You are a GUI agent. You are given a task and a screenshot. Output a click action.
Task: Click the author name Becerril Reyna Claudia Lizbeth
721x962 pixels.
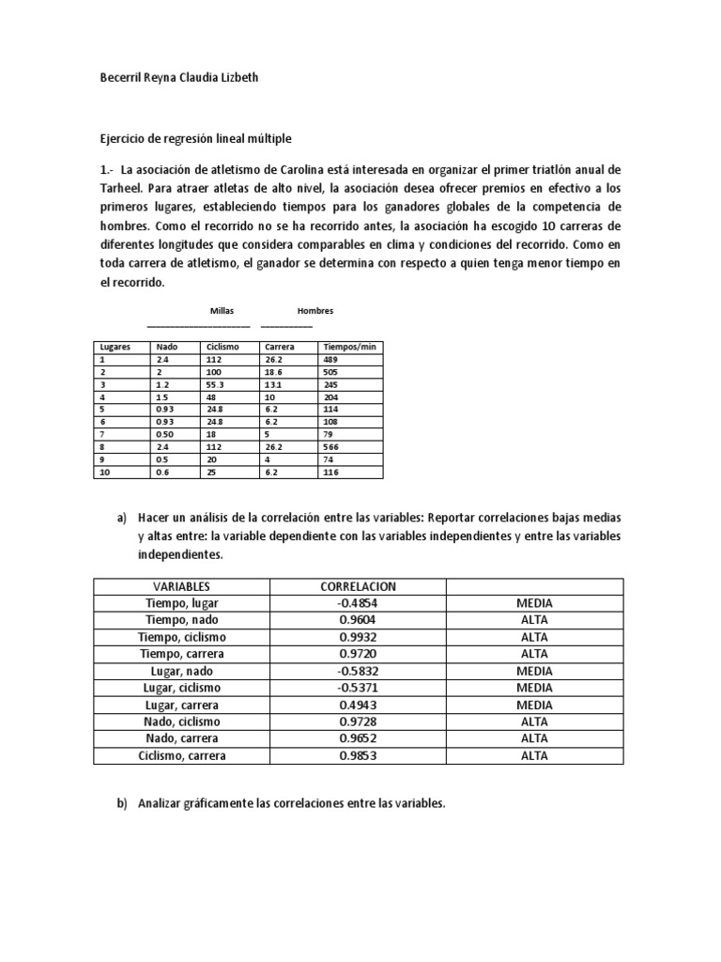click(x=177, y=80)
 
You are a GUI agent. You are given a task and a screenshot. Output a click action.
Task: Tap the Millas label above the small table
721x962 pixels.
click(x=221, y=311)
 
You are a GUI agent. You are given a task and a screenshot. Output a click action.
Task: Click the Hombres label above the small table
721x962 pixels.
click(x=315, y=311)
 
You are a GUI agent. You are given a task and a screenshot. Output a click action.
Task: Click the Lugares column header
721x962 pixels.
click(x=115, y=347)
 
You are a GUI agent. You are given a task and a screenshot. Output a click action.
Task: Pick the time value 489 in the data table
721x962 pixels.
click(x=330, y=359)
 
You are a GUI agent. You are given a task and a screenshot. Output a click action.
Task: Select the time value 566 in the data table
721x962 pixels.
click(x=330, y=448)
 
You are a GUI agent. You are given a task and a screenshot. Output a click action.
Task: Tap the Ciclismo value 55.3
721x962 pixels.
click(x=217, y=384)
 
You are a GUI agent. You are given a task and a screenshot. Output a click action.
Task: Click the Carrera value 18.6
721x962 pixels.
click(x=274, y=372)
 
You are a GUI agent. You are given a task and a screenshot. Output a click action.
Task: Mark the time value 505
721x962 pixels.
click(x=330, y=372)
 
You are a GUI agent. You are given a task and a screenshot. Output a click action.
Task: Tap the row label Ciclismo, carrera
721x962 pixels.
click(x=182, y=755)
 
